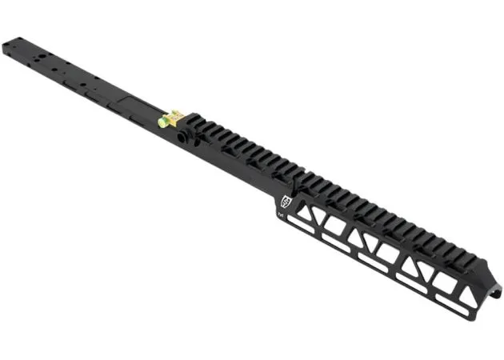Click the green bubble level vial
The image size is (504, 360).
(x=166, y=122)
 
